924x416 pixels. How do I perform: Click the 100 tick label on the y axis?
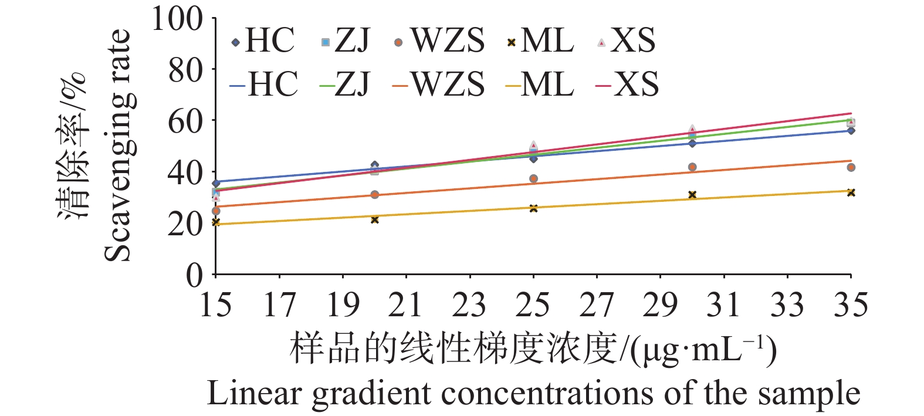tap(177, 19)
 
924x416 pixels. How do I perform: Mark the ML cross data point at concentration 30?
tap(692, 195)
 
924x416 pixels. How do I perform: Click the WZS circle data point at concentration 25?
tap(533, 179)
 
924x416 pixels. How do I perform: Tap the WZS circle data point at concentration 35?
tap(851, 168)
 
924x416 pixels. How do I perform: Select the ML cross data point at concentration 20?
tap(375, 219)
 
